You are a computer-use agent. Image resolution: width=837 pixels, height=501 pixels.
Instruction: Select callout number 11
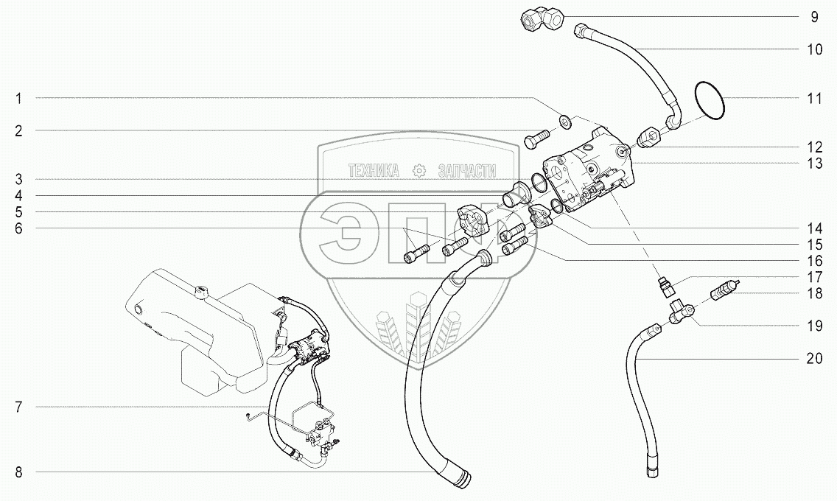click(814, 98)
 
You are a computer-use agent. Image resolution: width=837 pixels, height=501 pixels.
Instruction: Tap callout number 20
click(814, 359)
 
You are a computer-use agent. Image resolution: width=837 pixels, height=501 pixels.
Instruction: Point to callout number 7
click(20, 407)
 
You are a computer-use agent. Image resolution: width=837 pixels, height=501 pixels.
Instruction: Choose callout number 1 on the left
click(20, 98)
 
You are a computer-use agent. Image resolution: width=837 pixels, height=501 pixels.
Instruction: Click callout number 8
click(20, 472)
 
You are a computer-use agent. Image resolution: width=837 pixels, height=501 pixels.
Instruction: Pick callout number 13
click(814, 164)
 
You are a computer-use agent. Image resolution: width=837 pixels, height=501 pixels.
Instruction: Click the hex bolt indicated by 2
click(536, 138)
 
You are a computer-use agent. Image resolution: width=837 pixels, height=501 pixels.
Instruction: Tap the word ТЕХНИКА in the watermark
click(374, 171)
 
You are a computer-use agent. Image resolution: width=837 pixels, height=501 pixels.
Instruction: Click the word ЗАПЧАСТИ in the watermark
click(466, 171)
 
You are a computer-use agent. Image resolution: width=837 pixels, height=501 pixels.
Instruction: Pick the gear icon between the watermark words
click(419, 171)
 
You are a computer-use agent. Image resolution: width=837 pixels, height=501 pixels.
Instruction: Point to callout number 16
click(814, 261)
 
